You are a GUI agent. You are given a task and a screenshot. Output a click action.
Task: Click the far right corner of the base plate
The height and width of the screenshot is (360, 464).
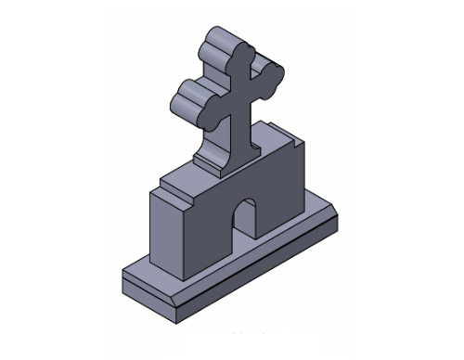click(x=337, y=215)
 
